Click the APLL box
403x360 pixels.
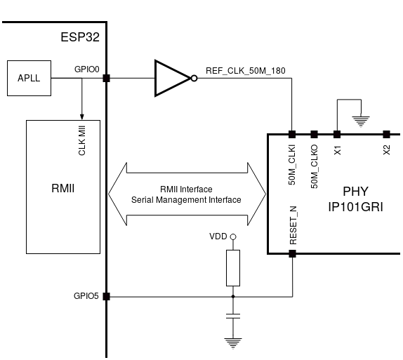click(29, 78)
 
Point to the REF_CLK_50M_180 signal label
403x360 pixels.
click(245, 70)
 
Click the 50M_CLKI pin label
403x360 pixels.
click(292, 164)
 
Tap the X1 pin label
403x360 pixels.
click(337, 149)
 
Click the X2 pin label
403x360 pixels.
click(387, 149)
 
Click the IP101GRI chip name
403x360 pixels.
click(355, 207)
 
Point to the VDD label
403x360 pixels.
click(218, 236)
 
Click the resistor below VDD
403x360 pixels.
click(233, 267)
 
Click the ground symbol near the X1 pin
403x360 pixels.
click(362, 120)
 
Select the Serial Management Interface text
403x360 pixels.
click(186, 200)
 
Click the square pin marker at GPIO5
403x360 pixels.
click(106, 296)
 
